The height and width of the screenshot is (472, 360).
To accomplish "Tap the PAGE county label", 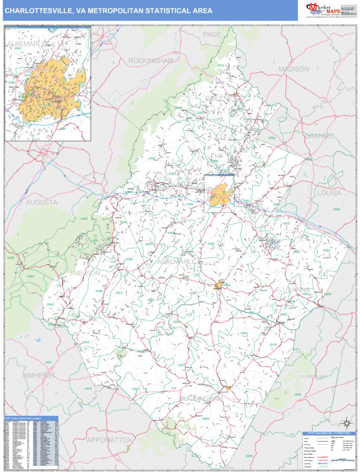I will pyautogui.click(x=212, y=35).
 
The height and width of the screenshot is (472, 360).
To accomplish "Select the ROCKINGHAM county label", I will pyautogui.click(x=151, y=61).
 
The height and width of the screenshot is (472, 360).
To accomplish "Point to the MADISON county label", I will pyautogui.click(x=294, y=69).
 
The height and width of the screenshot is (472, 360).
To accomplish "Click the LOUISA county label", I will pyautogui.click(x=329, y=193).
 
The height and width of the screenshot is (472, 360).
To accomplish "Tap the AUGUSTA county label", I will pyautogui.click(x=42, y=202).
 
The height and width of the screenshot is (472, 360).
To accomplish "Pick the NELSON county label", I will pyautogui.click(x=86, y=273).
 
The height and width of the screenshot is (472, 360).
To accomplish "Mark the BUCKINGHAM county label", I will pyautogui.click(x=202, y=398).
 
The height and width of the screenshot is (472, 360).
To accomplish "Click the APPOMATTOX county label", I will pyautogui.click(x=109, y=440).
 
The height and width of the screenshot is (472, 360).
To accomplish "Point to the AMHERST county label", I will pyautogui.click(x=39, y=375).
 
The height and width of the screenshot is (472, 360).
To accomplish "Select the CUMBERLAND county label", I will pyautogui.click(x=314, y=377).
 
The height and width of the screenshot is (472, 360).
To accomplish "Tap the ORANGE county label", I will pyautogui.click(x=320, y=136).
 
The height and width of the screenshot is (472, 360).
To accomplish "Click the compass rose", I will pyautogui.click(x=346, y=422).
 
